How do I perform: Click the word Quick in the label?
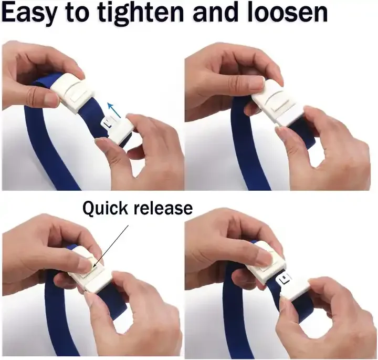click(104, 208)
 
